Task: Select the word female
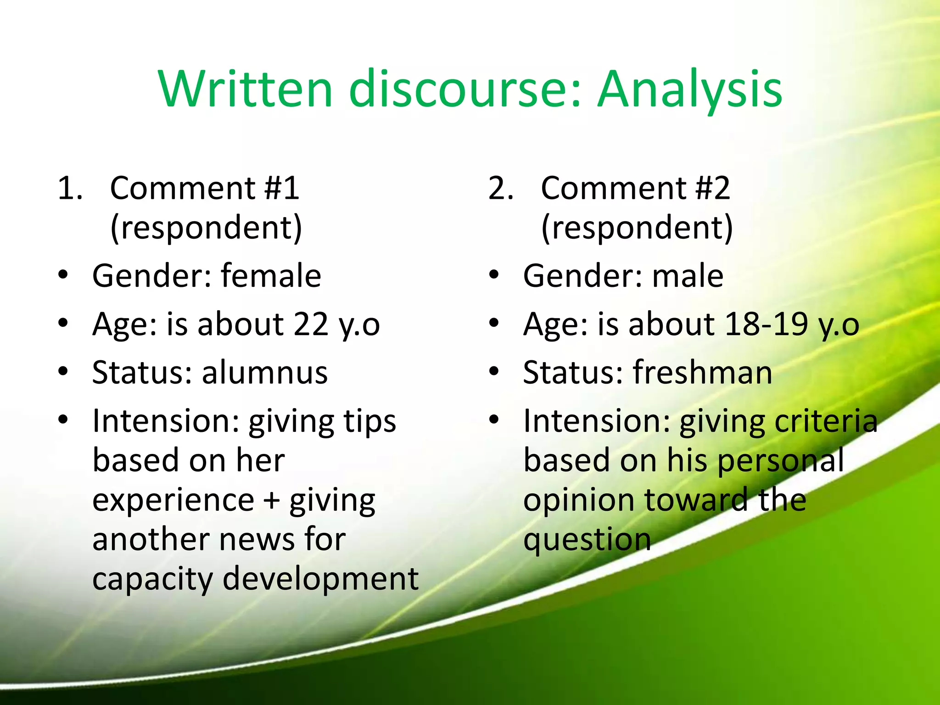271,276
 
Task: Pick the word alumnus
265,372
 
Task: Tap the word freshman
703,372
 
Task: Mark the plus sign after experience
272,500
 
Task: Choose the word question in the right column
587,540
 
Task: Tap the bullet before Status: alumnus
63,371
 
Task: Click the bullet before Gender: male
494,275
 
